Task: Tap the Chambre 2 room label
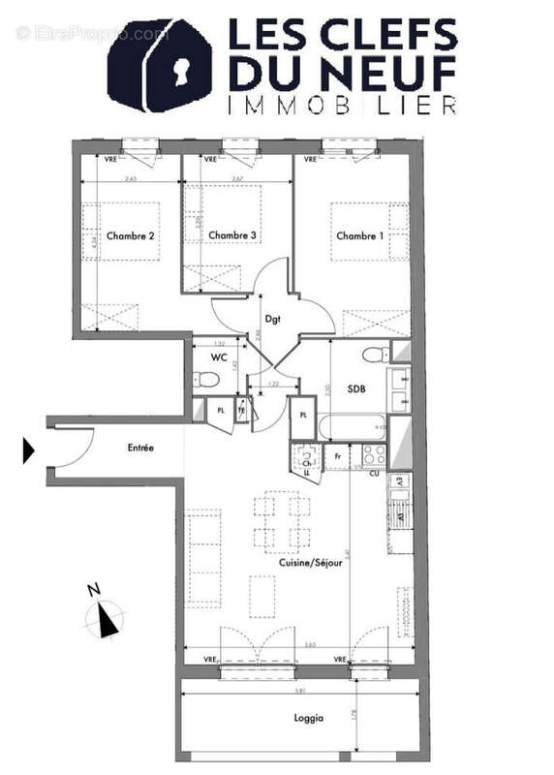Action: (x=131, y=235)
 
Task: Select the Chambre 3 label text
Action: (x=232, y=235)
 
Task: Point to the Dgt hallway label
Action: (x=272, y=320)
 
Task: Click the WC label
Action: (x=220, y=357)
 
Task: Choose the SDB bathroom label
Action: (x=356, y=389)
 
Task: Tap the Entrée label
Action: (x=140, y=448)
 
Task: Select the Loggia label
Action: (x=310, y=718)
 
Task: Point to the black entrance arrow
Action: (x=28, y=450)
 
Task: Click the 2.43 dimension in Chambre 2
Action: (x=130, y=178)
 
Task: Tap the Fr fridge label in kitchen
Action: (x=339, y=456)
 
